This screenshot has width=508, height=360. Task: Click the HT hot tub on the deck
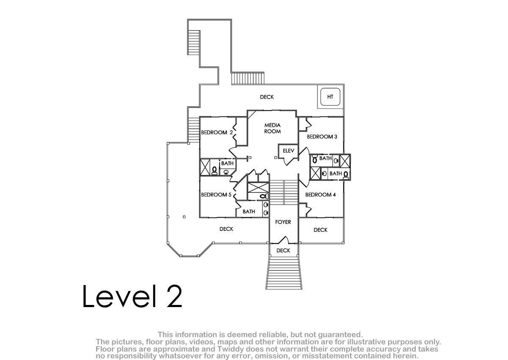pos(330,97)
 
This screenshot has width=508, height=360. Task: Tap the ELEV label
pos(288,151)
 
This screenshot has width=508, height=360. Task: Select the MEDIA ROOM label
pos(272,128)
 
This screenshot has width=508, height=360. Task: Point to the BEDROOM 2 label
pos(217,133)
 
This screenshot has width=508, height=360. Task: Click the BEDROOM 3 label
pos(322,136)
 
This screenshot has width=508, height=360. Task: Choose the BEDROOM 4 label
pos(320,195)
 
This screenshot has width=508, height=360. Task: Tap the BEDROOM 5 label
pos(216,195)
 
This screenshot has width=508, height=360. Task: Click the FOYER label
pos(283,222)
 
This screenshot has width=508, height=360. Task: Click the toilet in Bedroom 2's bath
pos(214,171)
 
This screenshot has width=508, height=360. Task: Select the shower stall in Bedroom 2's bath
pos(205,167)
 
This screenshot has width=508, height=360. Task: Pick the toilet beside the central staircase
pos(264,196)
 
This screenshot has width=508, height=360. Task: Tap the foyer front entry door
pos(284,240)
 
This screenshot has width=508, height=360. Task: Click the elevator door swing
pos(290,161)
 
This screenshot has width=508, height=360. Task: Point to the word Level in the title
pos(119,296)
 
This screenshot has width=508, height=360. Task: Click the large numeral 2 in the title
pos(174,296)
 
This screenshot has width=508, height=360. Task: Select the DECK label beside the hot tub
pos(267,97)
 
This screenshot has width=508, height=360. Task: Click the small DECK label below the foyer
pos(283,250)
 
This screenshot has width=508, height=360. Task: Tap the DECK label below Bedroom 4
pos(320,230)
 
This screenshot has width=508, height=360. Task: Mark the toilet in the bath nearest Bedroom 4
pos(345,176)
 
